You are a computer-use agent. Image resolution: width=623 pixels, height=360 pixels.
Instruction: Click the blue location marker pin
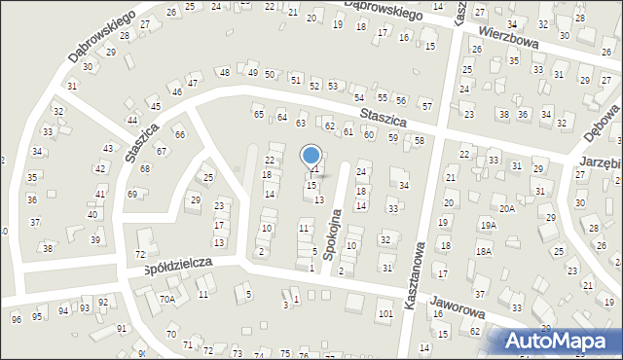coord(311,156)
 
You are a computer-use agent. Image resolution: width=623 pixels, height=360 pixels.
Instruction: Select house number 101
coord(385,313)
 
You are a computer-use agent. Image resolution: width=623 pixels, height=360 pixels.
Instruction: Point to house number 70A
coord(167,299)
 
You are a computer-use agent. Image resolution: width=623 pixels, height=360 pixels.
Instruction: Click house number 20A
coord(507,208)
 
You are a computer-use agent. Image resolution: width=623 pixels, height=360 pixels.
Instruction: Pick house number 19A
coord(487,225)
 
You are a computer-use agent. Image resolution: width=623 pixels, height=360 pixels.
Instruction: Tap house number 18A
coord(484,251)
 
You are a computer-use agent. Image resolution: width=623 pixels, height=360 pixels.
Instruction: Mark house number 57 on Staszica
coord(426,105)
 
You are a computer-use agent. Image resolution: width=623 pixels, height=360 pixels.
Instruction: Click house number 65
coord(259,115)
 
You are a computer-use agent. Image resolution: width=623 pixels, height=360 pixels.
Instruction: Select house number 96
coord(16,319)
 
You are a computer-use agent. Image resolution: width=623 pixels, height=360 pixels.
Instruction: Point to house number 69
coord(132,194)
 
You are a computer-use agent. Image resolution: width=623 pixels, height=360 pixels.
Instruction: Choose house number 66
coord(179,133)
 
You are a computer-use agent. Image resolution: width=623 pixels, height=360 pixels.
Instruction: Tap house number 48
coord(225,73)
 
